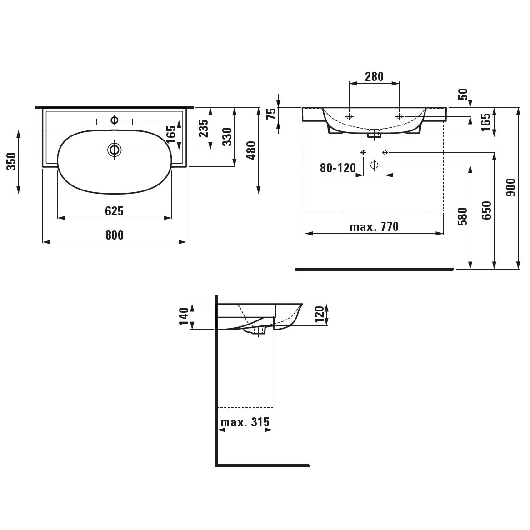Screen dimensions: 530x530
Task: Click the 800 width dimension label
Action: [114, 235]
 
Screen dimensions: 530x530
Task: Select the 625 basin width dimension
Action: [114, 211]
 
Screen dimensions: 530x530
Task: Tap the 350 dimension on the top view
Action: [11, 161]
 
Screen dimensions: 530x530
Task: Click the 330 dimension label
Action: [227, 136]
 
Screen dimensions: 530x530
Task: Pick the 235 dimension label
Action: [204, 129]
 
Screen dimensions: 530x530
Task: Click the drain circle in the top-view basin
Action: [115, 150]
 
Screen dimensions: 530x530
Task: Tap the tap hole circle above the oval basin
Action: [115, 120]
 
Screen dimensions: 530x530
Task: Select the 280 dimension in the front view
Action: [374, 77]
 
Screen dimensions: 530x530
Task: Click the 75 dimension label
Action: [271, 114]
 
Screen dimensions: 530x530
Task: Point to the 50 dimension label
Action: [464, 94]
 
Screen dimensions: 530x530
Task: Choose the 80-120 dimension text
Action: [338, 168]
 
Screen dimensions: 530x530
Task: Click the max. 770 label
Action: [374, 226]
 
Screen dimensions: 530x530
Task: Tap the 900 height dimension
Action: [511, 187]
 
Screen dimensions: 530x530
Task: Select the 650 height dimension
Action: [487, 210]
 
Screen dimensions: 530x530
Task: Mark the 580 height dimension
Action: [462, 216]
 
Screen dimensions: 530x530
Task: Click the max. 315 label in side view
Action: [245, 422]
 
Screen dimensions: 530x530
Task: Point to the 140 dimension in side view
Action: [184, 316]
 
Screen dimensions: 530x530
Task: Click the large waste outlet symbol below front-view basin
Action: [374, 165]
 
